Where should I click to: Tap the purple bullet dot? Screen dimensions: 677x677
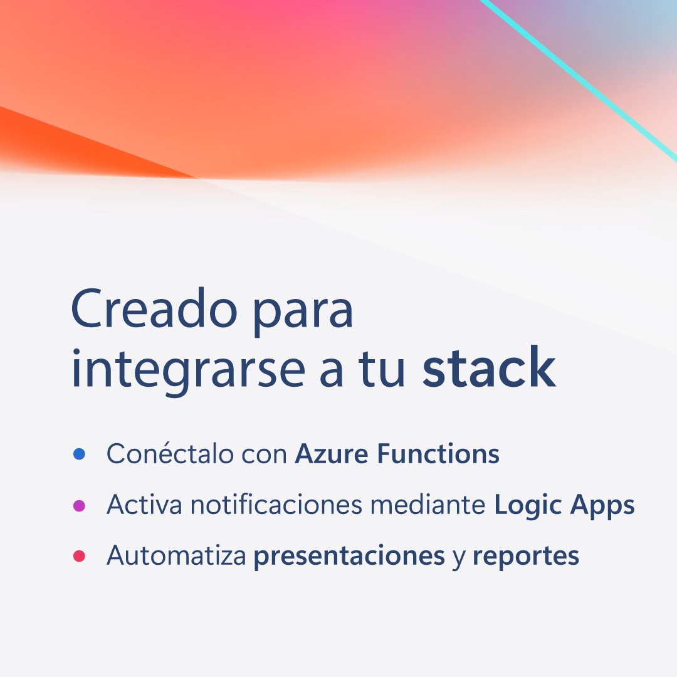[79, 505]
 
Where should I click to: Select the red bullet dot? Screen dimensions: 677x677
[79, 556]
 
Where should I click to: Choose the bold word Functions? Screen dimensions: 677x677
[438, 454]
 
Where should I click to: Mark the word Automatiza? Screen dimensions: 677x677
[176, 555]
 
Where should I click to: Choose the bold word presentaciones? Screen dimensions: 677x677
[349, 557]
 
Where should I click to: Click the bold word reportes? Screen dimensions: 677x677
[525, 557]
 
